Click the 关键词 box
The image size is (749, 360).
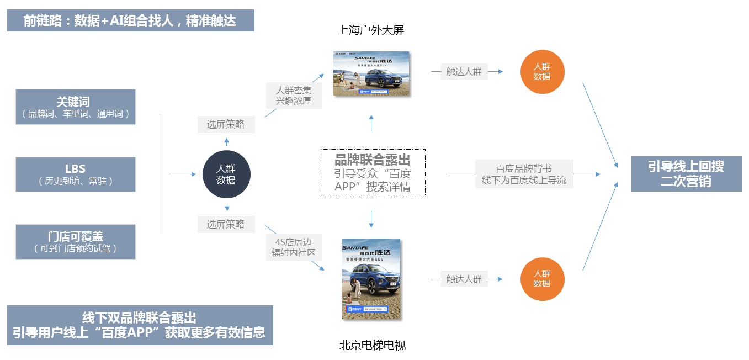pos(76,107)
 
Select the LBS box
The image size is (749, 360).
pos(76,174)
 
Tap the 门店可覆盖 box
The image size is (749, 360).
pos(76,242)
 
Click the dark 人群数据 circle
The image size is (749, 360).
pos(226,174)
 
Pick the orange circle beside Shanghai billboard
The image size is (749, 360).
pos(542,72)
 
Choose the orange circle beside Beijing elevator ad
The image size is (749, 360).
pos(542,279)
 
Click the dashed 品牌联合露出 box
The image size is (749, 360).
pos(373,173)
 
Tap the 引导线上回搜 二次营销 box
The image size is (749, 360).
pos(686,174)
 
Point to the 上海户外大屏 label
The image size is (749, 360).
pos(371,30)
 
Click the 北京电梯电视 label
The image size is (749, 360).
pos(372,346)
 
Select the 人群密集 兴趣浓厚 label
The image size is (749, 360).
pos(294,95)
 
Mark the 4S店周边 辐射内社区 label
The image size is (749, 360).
pos(293,247)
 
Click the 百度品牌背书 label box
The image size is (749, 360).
pos(524,174)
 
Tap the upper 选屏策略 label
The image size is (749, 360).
pos(226,125)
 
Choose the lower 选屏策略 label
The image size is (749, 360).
pos(226,224)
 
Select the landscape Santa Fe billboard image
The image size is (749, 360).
pos(371,73)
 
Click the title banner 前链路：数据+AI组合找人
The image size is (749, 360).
pos(131,20)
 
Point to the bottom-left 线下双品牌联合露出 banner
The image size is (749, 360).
pos(140,325)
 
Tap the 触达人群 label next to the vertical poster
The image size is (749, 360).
pos(464,279)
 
